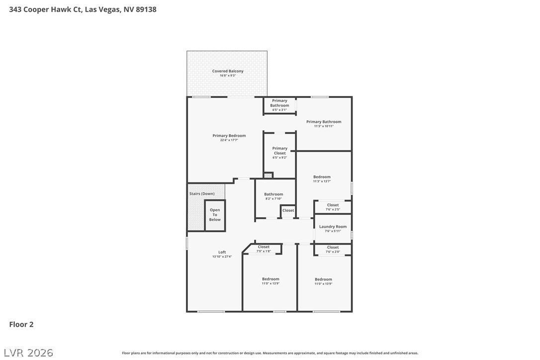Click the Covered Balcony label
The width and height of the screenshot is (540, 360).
(x=228, y=71)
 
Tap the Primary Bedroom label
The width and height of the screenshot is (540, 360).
(x=229, y=136)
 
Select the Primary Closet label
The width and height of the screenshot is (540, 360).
(x=279, y=151)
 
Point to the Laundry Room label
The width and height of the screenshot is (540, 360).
(x=333, y=227)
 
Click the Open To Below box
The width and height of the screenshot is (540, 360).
(x=215, y=215)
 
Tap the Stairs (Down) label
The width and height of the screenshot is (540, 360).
(x=202, y=193)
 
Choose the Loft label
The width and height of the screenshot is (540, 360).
(x=222, y=252)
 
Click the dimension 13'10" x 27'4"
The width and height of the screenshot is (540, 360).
(x=222, y=257)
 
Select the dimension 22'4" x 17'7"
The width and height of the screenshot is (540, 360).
(x=229, y=140)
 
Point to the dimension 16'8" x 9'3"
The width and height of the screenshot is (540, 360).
(x=228, y=76)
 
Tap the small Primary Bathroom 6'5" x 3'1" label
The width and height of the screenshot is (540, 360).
(x=279, y=105)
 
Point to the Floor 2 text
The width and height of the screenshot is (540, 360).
(x=21, y=325)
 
